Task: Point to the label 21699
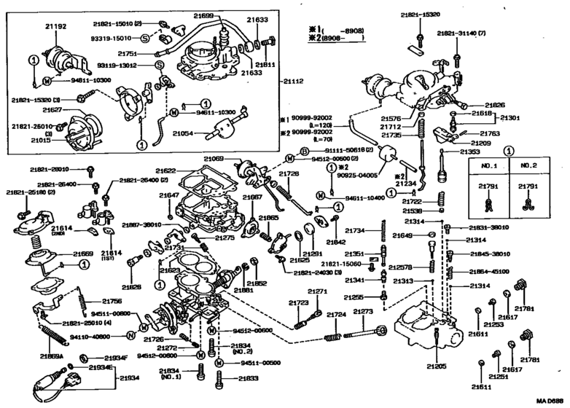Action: point(204,15)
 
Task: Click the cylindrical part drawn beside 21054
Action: point(221,133)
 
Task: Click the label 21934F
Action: point(114,358)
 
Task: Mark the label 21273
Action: point(363,312)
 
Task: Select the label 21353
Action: point(469,152)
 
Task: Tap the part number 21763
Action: point(489,134)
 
